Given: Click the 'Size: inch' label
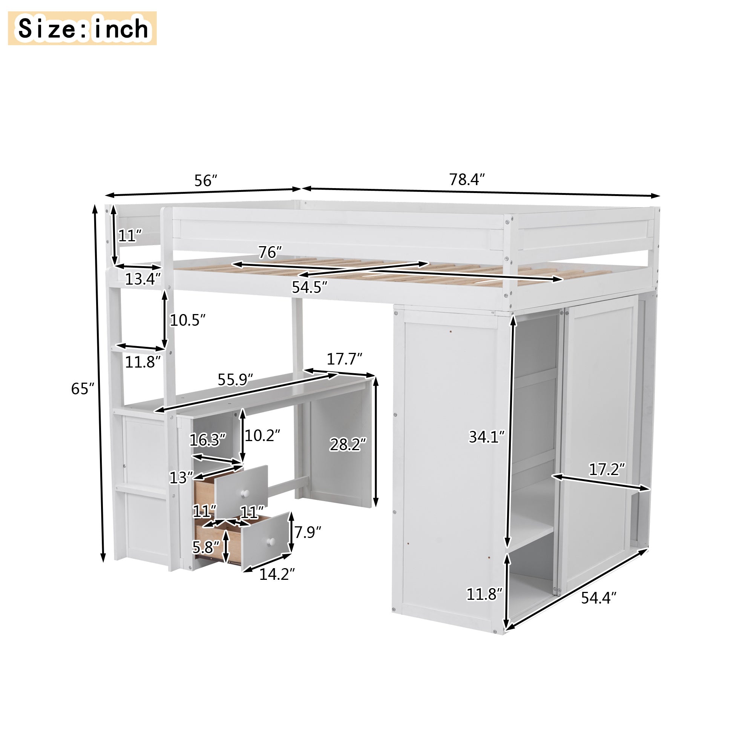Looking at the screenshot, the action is pos(83,29).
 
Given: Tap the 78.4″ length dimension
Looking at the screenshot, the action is pos(467,179).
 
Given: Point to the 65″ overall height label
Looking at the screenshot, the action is pos(83,388).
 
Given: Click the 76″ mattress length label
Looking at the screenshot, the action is pos(270,252).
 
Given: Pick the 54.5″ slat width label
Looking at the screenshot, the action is pos(310,287).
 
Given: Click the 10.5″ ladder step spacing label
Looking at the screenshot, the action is pos(187,320).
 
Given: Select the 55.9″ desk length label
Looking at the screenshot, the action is pos(235,379).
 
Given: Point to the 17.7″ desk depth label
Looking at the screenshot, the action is pos(345,359).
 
